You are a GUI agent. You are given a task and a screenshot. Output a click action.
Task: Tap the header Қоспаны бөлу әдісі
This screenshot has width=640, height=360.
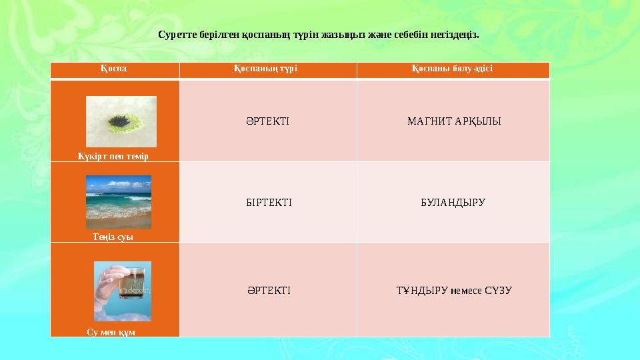coord(453,69)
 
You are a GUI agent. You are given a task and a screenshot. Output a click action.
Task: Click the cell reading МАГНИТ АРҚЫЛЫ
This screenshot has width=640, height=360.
coord(453,121)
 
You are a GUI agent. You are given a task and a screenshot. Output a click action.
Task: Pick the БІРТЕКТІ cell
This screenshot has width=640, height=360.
coord(269,202)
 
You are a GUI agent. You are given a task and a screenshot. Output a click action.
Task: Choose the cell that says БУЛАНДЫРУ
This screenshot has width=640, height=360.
coord(453,202)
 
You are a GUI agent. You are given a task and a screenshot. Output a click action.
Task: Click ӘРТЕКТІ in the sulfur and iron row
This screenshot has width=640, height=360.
coord(267,121)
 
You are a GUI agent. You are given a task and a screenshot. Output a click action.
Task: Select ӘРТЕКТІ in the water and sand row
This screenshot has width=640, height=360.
coord(268,290)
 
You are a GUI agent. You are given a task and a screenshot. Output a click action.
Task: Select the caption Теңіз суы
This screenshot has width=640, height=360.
coord(113,237)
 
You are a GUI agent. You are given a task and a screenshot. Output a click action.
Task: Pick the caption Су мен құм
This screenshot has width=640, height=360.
coord(111,332)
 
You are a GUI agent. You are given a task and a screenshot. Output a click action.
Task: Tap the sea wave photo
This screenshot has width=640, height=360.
coord(119,201)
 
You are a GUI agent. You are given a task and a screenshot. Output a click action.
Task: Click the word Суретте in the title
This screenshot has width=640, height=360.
coord(176,34)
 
